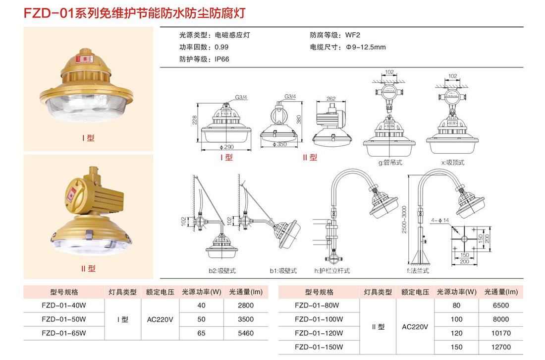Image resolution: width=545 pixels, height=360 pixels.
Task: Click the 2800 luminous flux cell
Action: point(245,305)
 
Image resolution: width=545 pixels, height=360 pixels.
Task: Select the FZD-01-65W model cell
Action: point(64,333)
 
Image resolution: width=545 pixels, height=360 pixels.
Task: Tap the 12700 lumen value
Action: point(501,347)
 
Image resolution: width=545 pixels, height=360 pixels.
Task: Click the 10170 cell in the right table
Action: point(501,333)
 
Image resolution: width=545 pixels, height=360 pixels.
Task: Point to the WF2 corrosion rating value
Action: point(352,35)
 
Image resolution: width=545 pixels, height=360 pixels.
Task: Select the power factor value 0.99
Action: point(221,47)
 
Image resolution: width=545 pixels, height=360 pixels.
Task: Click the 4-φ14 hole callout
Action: point(440,220)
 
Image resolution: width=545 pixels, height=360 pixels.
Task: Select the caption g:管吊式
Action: point(390,162)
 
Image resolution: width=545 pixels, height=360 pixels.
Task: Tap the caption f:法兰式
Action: point(417,271)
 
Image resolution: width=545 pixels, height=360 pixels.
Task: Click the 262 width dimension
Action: point(331,99)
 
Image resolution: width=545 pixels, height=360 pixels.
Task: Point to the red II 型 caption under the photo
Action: point(88,269)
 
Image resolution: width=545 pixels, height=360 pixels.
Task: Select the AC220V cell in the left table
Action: point(160,319)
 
